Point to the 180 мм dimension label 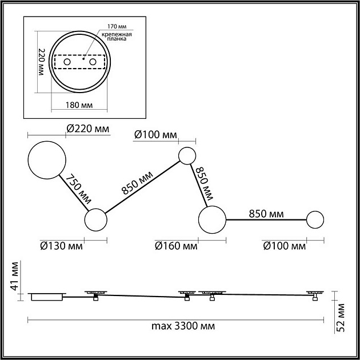79,105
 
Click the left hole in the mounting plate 67,61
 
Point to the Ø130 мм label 62,246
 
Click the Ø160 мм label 176,246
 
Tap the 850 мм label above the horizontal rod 266,214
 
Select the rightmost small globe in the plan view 315,219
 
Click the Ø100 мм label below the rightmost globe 285,246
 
